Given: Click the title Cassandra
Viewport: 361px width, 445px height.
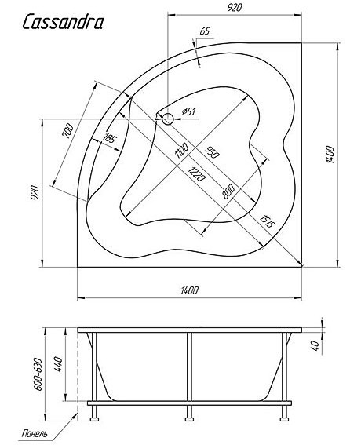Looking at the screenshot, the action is coord(62,23).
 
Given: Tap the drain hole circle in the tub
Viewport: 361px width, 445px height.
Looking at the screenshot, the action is coord(167,119).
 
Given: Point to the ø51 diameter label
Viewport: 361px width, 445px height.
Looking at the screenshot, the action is coord(188,111).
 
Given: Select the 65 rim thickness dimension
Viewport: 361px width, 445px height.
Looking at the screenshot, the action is coord(205,31).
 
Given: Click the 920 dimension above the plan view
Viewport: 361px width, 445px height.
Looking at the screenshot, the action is coord(235,8).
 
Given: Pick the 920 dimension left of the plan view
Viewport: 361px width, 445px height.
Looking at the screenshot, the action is coord(35,192).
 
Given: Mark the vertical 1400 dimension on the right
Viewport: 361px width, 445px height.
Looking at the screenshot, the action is coord(330,155).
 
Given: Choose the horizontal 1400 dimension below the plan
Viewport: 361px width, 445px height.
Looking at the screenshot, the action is coord(189,290).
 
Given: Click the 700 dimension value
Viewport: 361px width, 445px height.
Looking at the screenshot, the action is coord(68,131).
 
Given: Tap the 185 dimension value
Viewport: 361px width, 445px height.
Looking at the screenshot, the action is coord(109,138).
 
